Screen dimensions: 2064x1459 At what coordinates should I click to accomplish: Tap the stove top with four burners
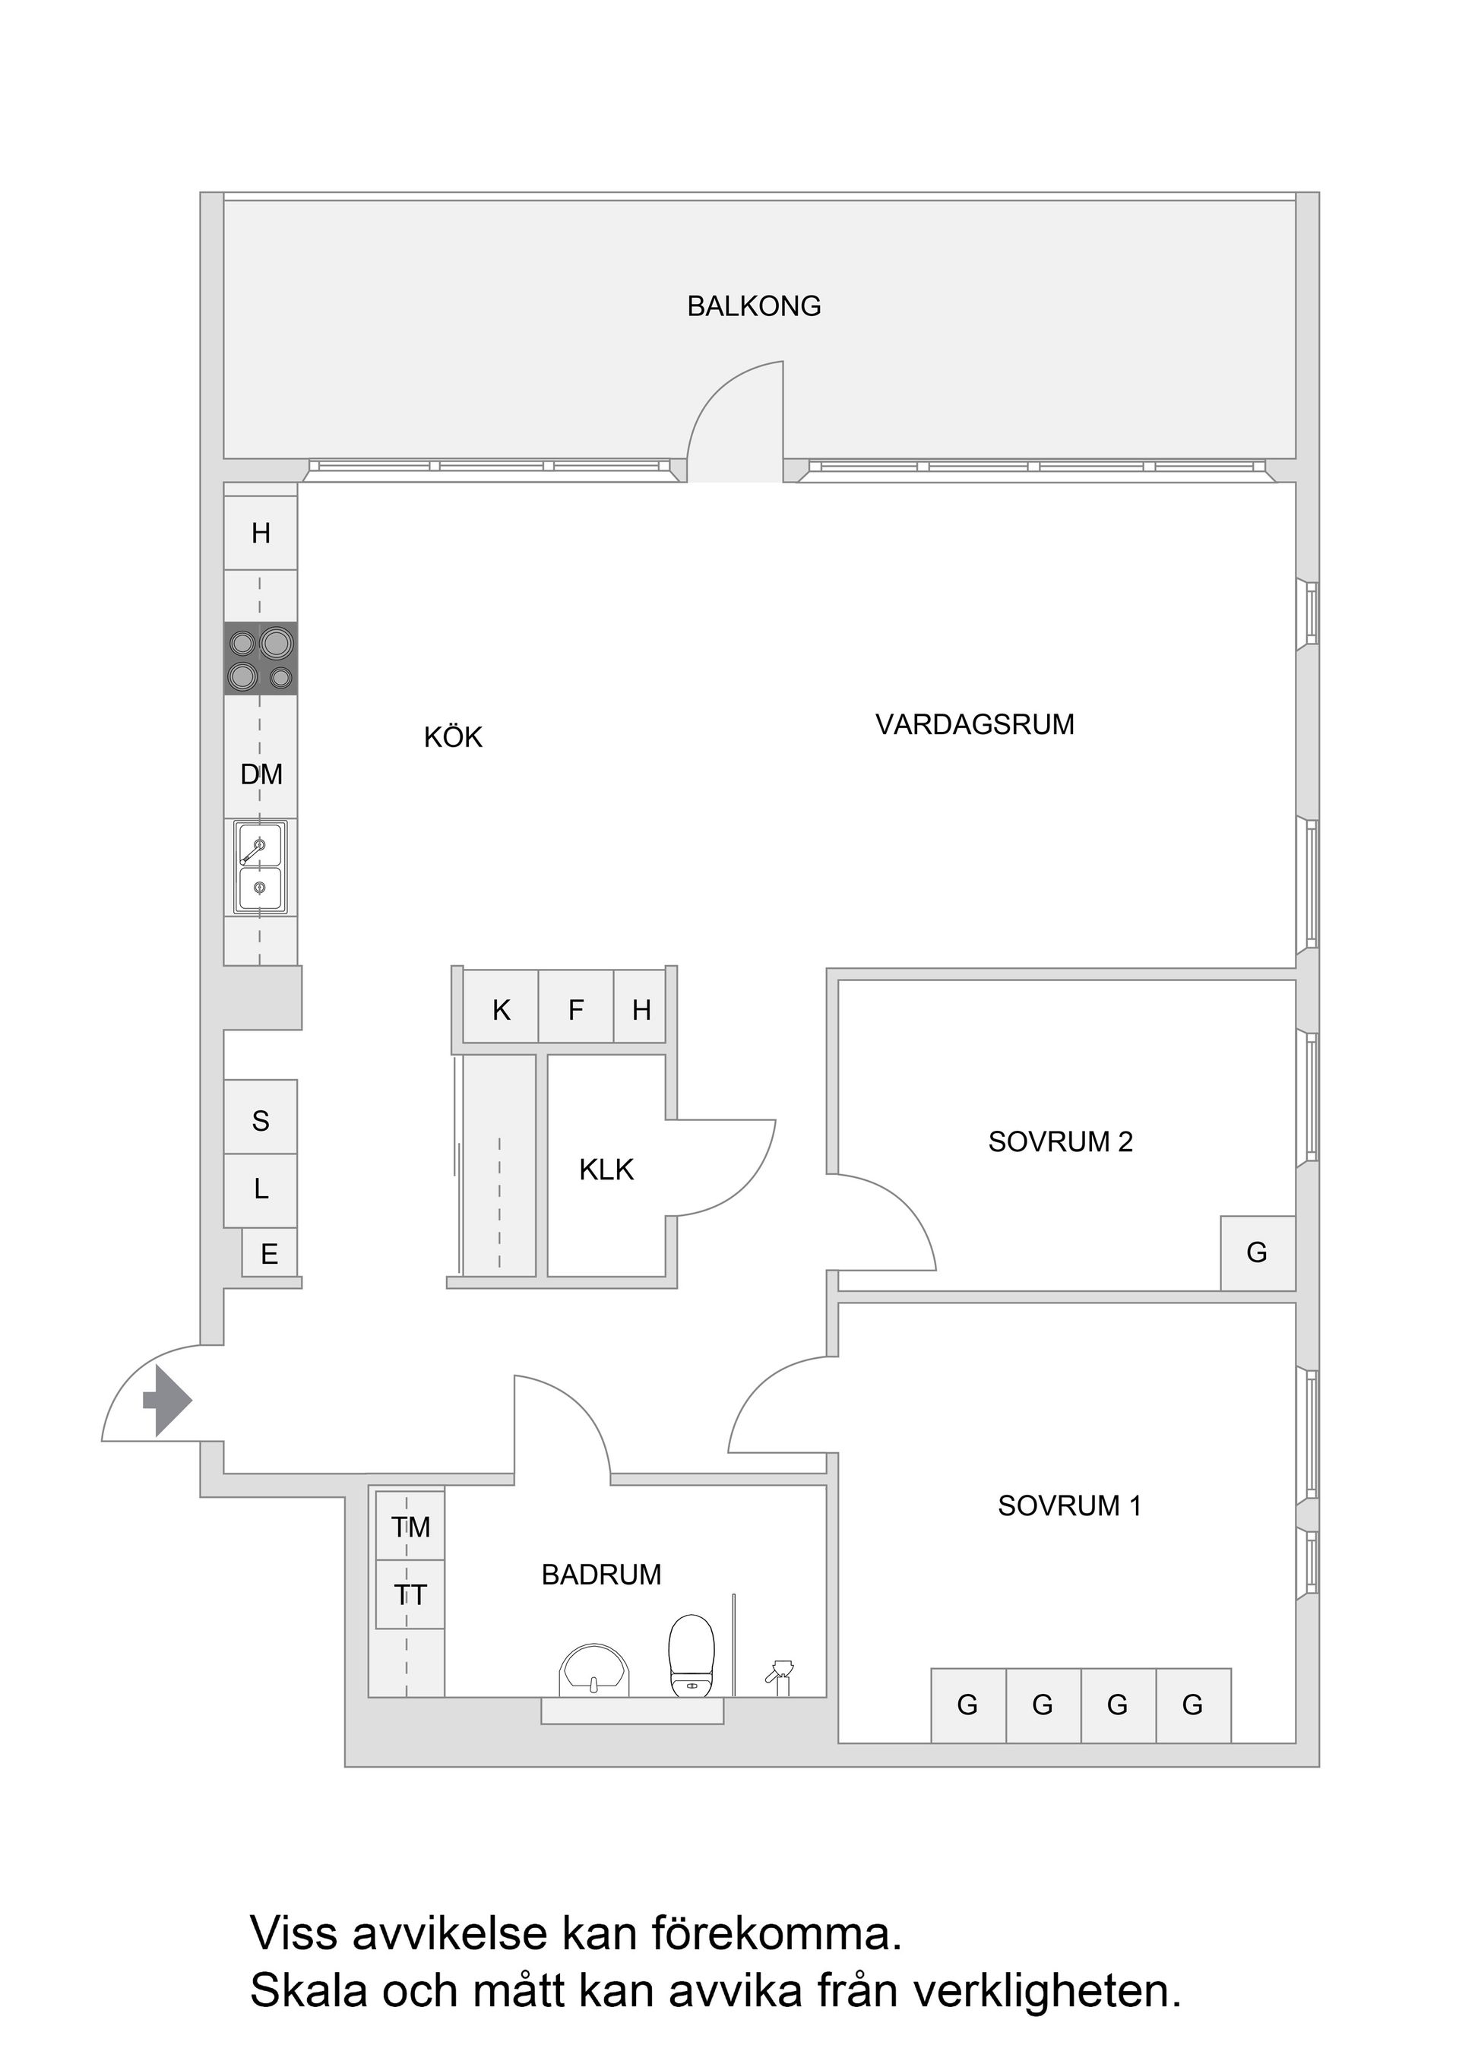pyautogui.click(x=260, y=658)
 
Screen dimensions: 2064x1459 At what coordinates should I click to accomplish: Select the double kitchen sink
pyautogui.click(x=260, y=866)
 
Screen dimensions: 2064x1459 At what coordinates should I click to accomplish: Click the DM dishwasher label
pyautogui.click(x=261, y=774)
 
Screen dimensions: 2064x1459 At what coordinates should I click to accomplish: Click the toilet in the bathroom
pyautogui.click(x=691, y=1656)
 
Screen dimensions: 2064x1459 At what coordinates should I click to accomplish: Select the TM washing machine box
pyautogui.click(x=410, y=1527)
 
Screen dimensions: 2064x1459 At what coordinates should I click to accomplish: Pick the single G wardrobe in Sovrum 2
pyautogui.click(x=1257, y=1252)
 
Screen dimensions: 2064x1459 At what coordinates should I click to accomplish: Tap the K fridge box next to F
pyautogui.click(x=501, y=1011)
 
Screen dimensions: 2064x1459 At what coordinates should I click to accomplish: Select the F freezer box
pyautogui.click(x=575, y=1011)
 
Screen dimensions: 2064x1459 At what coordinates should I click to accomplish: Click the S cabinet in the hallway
pyautogui.click(x=260, y=1120)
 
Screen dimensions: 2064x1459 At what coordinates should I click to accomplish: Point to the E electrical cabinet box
pyautogui.click(x=269, y=1254)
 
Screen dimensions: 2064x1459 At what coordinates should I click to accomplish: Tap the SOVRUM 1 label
pyautogui.click(x=1069, y=1505)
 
